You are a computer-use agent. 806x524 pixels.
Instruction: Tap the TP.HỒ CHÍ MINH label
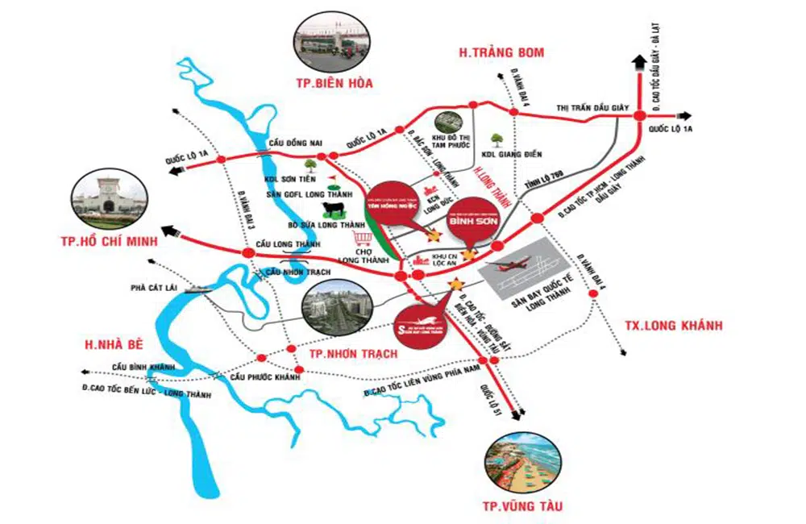(x=118, y=241)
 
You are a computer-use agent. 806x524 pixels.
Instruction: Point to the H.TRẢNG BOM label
(x=501, y=53)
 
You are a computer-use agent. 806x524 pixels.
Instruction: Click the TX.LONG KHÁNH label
(x=673, y=326)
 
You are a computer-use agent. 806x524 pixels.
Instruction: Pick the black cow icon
(x=333, y=210)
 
